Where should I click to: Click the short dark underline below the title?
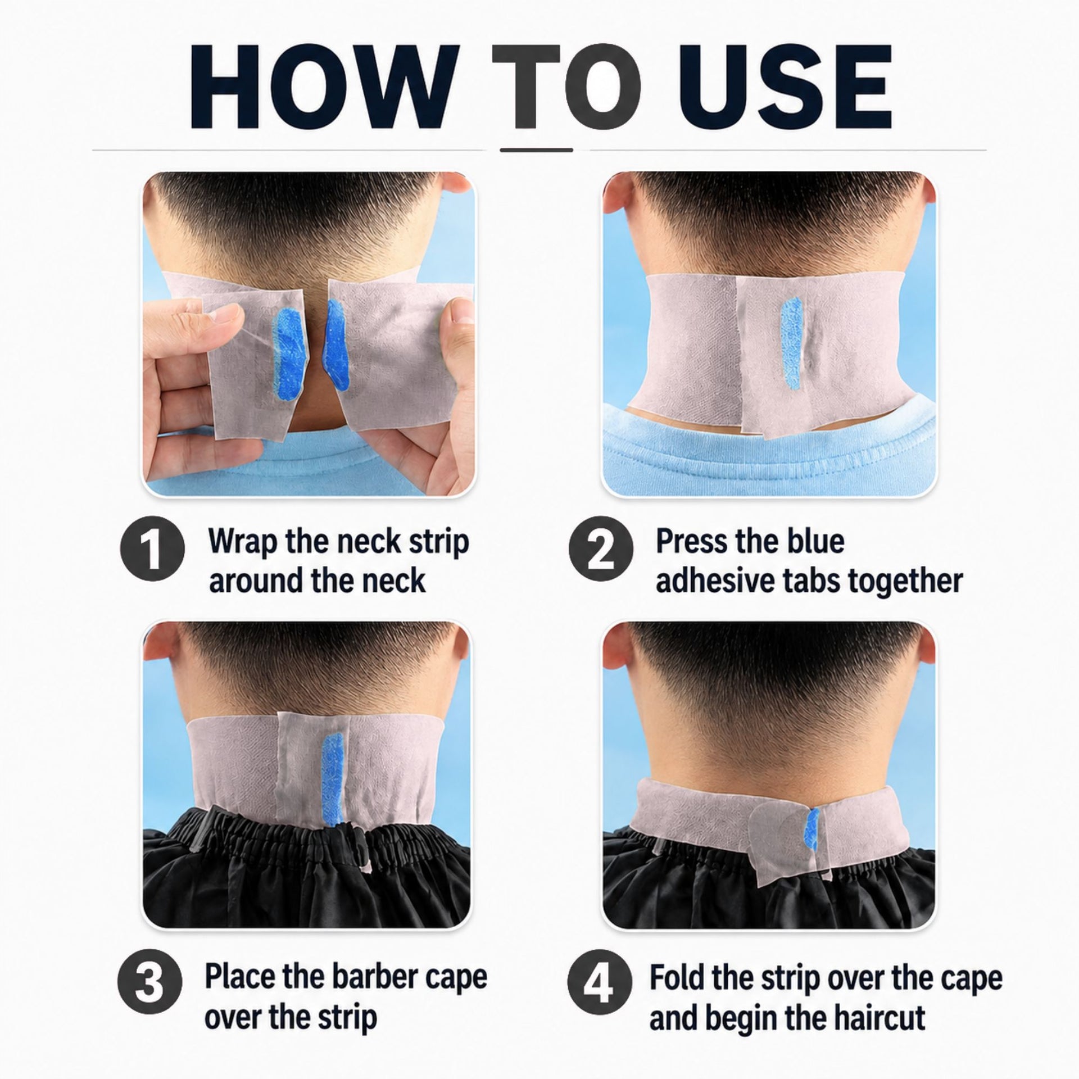coord(536,150)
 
